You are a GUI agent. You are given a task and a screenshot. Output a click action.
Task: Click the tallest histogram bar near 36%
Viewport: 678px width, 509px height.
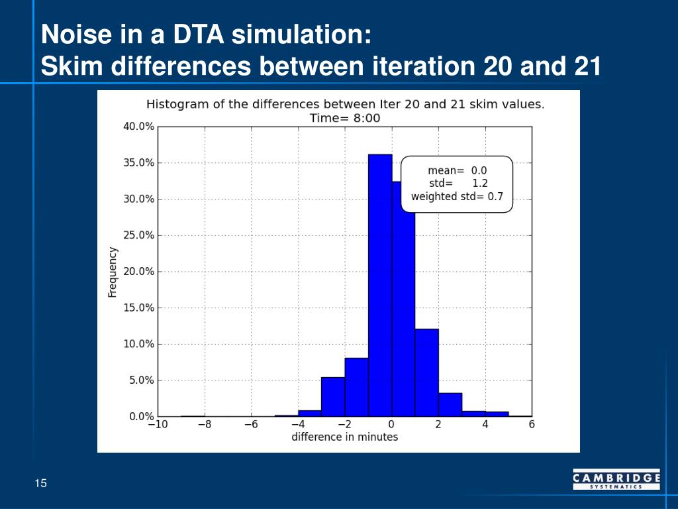[x=380, y=285]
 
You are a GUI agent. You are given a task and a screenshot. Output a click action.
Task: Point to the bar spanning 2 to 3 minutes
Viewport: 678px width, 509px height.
[x=450, y=404]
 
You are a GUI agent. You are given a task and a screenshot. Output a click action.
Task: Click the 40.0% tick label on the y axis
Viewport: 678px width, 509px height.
[x=138, y=127]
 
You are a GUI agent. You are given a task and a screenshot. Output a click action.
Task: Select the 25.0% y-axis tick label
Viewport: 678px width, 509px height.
[x=138, y=235]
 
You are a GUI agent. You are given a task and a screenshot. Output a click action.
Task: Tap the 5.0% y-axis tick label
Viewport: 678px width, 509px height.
[x=140, y=380]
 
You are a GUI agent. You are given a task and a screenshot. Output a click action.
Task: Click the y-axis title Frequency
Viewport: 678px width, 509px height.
[x=113, y=272]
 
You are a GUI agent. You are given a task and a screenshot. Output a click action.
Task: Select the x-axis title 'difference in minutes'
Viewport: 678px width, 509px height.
[x=344, y=437]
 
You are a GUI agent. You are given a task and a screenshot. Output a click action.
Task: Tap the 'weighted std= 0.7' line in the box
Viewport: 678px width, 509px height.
[x=458, y=196]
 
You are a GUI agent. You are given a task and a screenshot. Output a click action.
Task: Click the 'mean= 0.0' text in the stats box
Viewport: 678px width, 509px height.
[x=458, y=170]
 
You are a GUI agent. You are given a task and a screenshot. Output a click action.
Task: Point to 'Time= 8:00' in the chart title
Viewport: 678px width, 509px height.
[x=345, y=118]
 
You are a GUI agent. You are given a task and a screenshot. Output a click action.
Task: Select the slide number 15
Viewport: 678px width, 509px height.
[x=41, y=483]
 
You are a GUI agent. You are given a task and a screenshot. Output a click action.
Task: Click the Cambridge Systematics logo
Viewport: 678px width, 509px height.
[x=616, y=479]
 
